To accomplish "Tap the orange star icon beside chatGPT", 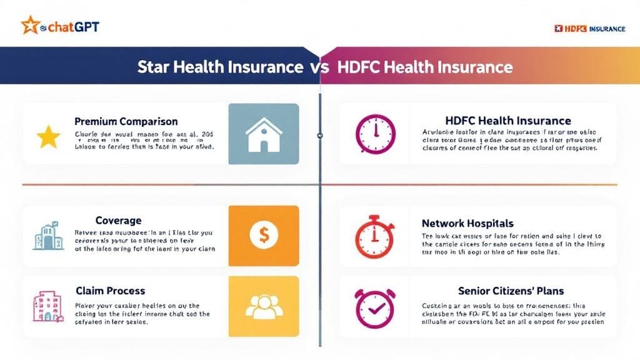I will (x=29, y=26).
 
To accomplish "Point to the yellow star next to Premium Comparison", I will (x=48, y=137).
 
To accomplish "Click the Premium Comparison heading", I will (x=126, y=121).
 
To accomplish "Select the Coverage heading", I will (x=118, y=221).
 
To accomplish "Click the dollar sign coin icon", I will (x=263, y=235).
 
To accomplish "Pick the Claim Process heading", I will (x=110, y=291).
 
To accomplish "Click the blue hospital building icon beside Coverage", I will (x=49, y=237).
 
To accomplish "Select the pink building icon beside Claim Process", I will (x=47, y=307).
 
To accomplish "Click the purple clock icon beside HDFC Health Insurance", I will (x=375, y=134).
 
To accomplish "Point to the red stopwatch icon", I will (x=375, y=237).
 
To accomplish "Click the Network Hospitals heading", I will (x=467, y=223).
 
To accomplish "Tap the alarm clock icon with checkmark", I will (x=375, y=307).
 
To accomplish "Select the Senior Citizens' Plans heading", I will (x=510, y=291).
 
